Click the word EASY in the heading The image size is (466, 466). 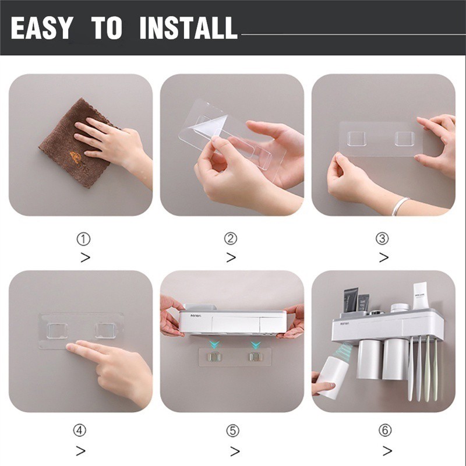(x=41, y=27)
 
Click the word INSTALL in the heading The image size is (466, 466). (x=188, y=27)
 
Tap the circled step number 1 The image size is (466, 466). (x=83, y=239)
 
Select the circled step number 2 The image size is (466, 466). (x=231, y=238)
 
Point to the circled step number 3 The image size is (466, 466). (x=382, y=238)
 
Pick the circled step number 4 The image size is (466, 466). (x=80, y=430)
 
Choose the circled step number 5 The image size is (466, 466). (x=232, y=430)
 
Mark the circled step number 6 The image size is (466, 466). (x=385, y=430)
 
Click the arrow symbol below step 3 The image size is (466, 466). (x=384, y=257)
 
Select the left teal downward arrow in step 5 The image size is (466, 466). (x=214, y=345)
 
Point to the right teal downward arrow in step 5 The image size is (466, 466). (x=255, y=345)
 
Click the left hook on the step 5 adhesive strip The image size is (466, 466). (x=214, y=356)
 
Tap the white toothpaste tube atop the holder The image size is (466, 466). (x=419, y=296)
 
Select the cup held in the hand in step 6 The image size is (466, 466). (x=333, y=377)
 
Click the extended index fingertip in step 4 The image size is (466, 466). (x=69, y=347)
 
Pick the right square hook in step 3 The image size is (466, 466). (x=404, y=139)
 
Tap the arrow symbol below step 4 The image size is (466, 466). (x=81, y=451)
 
